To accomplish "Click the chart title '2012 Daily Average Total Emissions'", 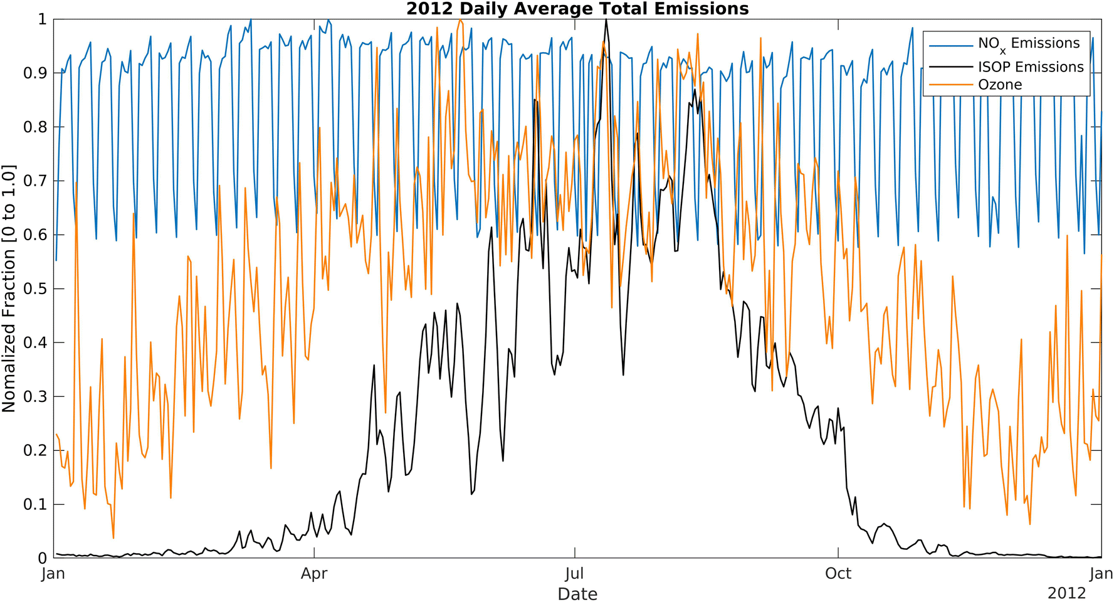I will coord(577,9).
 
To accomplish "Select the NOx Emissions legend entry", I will coord(1028,44).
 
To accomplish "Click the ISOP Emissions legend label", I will coord(1030,66).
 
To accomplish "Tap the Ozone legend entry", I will coord(1000,85).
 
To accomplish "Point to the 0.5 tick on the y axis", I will coord(34,289).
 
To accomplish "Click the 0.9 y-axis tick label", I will coord(34,73).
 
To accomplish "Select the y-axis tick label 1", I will coord(42,19).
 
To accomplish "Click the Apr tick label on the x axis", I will coord(314,574).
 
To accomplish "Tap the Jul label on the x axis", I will coord(574,574).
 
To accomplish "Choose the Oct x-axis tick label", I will coord(838,574).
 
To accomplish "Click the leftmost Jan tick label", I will coord(53,574).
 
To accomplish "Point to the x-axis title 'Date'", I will coord(577,594).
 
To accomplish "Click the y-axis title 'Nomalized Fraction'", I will coord(9,288).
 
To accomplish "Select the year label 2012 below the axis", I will coord(1066,593).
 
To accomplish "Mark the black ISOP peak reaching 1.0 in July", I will coord(606,21).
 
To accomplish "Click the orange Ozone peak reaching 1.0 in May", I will coord(460,20).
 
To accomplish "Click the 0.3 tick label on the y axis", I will coord(34,397).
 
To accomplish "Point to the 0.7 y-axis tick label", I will coord(34,181).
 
